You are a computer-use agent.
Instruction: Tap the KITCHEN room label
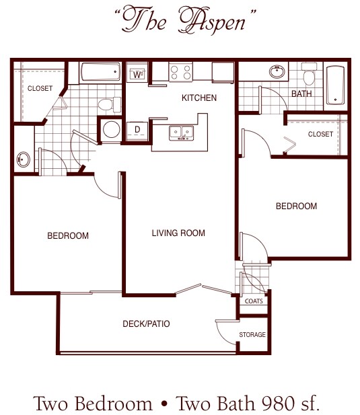[x=199, y=98]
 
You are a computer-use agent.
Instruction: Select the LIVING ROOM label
[x=178, y=233]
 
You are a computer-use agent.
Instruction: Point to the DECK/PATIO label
[x=146, y=324]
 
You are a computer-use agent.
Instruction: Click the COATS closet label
[x=254, y=301]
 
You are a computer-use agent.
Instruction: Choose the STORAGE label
[x=252, y=334]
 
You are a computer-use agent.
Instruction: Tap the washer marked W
[x=137, y=74]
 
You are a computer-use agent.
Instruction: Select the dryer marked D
[x=137, y=129]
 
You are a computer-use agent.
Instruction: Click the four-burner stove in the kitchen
[x=180, y=72]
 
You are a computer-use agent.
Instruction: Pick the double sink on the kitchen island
[x=180, y=133]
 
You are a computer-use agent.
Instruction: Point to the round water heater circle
[x=110, y=130]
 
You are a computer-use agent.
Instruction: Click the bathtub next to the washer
[x=101, y=72]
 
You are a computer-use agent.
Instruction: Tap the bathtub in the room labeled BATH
[x=334, y=86]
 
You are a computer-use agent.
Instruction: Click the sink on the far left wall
[x=23, y=160]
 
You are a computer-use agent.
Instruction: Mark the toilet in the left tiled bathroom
[x=106, y=104]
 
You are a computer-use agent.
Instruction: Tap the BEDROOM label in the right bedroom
[x=296, y=206]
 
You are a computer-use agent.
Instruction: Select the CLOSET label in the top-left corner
[x=40, y=88]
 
